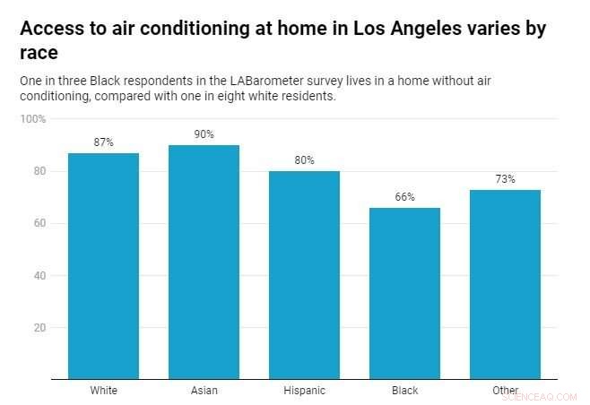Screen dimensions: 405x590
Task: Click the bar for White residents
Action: [103, 265]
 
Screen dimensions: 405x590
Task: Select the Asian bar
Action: [204, 262]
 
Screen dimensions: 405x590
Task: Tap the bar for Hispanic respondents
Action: [304, 274]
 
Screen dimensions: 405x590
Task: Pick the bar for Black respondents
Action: [404, 293]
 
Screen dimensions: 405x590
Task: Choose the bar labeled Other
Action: [505, 284]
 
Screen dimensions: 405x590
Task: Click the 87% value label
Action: [103, 142]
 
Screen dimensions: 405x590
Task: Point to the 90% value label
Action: [204, 134]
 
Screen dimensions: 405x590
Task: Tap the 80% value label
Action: [304, 160]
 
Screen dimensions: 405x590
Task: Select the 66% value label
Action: [404, 197]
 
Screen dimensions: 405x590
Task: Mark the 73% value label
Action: [505, 179]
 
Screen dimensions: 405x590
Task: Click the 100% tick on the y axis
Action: [33, 119]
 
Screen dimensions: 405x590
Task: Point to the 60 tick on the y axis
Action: [39, 223]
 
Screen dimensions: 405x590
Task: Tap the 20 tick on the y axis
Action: [39, 328]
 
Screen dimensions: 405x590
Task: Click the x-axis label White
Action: [103, 391]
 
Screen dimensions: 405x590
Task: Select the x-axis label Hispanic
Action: [304, 391]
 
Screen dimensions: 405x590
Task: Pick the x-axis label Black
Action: [404, 391]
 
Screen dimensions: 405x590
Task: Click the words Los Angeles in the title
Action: [388, 29]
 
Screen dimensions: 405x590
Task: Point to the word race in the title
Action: [39, 52]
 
